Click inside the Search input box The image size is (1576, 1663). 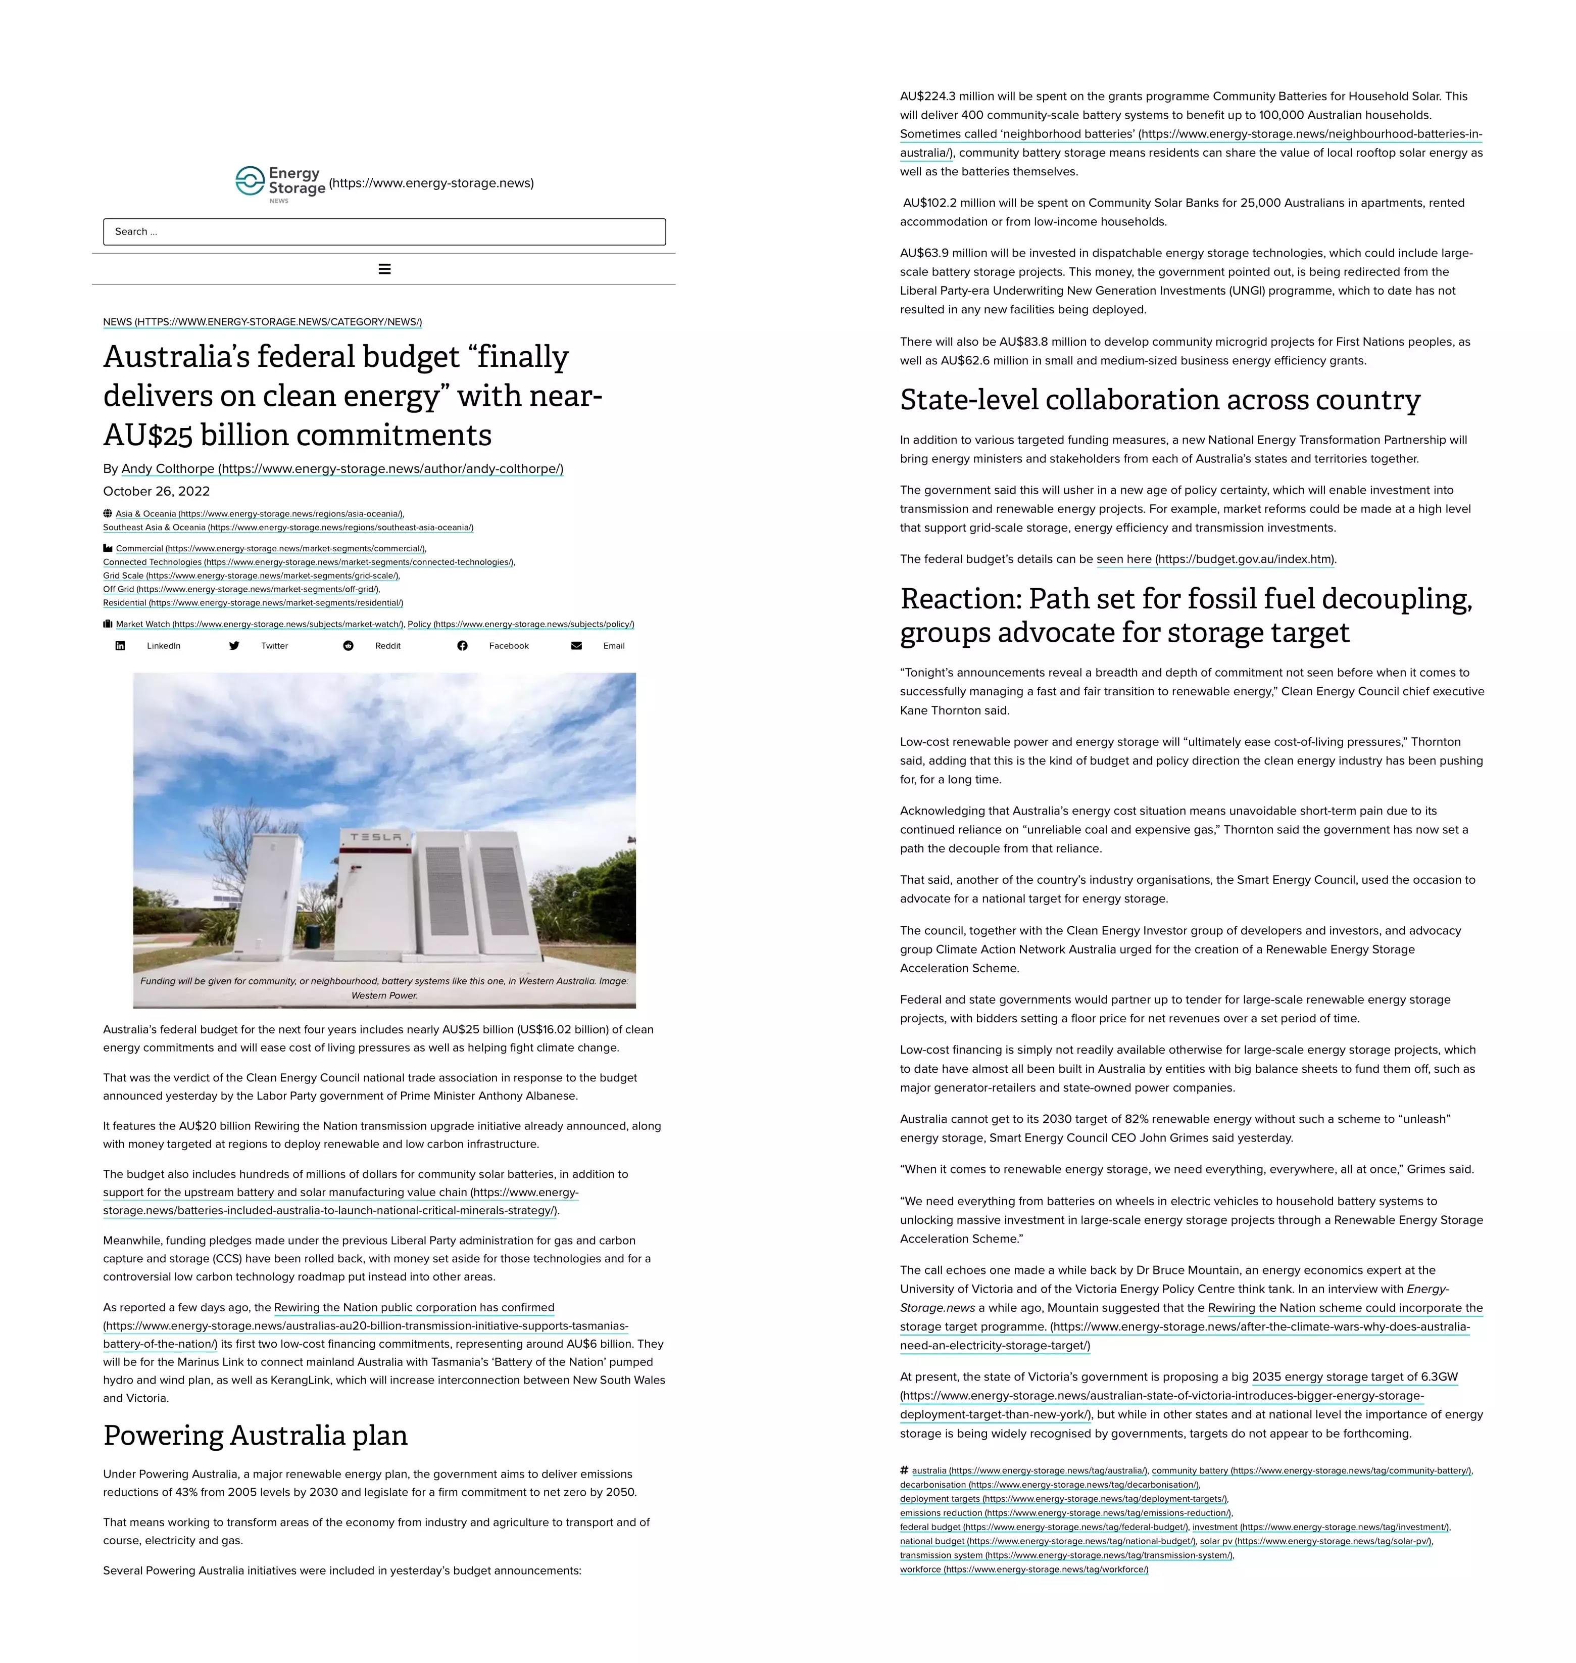tap(384, 232)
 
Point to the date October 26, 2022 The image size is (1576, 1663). tap(156, 492)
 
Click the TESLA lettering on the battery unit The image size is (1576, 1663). tap(375, 837)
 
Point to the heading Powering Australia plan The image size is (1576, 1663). tap(256, 1435)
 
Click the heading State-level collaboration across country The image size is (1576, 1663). tap(1159, 400)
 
